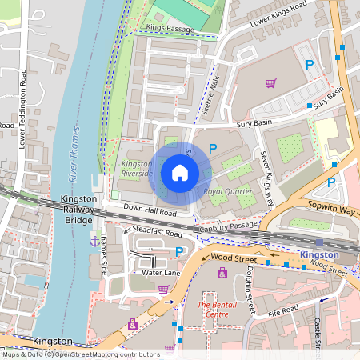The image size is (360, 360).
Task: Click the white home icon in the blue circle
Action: [x=180, y=172]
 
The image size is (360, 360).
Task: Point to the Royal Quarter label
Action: [x=228, y=192]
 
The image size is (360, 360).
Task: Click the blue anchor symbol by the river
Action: [x=94, y=240]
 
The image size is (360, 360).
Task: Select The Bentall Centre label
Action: [x=218, y=310]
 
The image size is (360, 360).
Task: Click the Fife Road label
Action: [x=282, y=314]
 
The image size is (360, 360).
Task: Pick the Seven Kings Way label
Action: [x=268, y=175]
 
